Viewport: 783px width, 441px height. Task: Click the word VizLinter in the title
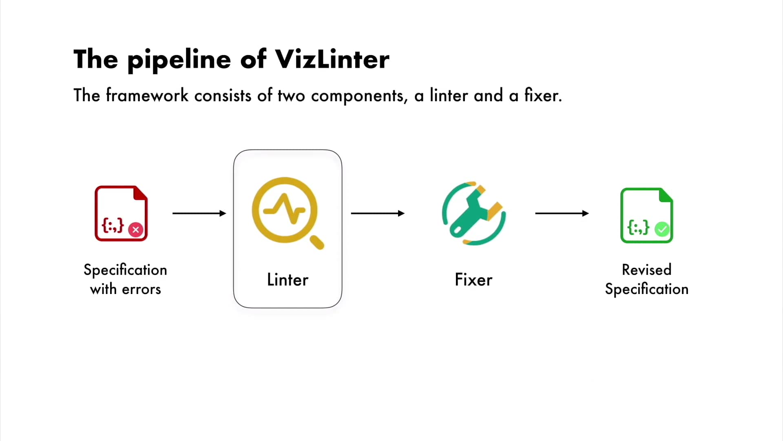(332, 59)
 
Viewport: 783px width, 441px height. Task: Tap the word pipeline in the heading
(179, 60)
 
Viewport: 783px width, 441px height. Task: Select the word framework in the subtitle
(147, 95)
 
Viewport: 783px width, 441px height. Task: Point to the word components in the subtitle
(359, 96)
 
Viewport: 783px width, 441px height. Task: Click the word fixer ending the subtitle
(543, 95)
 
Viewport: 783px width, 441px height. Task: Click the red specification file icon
(121, 214)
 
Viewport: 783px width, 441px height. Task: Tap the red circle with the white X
(136, 229)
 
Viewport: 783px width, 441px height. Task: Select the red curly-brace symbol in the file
(113, 225)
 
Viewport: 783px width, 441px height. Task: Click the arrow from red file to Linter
(199, 213)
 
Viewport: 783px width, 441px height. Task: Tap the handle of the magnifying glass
(317, 242)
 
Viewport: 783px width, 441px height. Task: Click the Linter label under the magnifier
(288, 280)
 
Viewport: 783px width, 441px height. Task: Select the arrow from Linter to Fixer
(378, 213)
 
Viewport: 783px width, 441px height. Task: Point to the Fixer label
(473, 280)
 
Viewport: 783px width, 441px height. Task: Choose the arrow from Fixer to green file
(562, 213)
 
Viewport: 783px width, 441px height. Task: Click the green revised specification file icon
(647, 215)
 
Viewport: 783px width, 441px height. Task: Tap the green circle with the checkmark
(662, 229)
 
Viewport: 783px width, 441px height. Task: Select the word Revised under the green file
(647, 269)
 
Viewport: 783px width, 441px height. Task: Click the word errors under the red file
(142, 290)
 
